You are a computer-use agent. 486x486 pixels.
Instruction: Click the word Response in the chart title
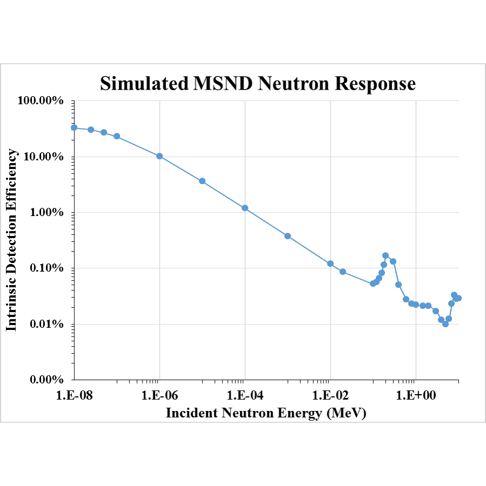pos(375,83)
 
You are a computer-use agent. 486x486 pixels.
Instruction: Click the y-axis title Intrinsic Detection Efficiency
pos(12,240)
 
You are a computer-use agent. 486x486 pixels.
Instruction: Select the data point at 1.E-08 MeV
pos(74,127)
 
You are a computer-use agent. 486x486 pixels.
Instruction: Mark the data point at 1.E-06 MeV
pos(159,156)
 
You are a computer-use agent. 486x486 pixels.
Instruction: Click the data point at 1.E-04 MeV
pos(245,208)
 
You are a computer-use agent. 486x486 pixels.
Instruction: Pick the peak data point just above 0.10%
pos(386,255)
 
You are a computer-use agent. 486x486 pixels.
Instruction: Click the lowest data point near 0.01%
pos(446,324)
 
